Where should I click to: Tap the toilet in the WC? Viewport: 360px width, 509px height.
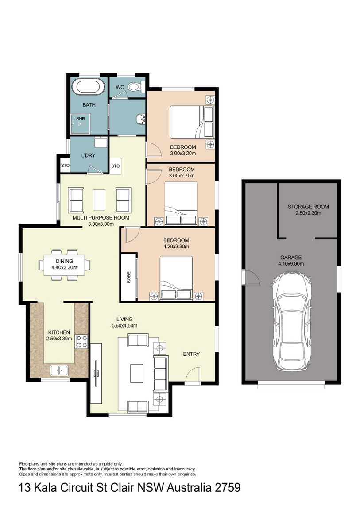tap(134, 87)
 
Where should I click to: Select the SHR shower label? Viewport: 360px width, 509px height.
tap(81, 119)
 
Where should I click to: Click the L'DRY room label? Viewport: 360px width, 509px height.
tap(88, 155)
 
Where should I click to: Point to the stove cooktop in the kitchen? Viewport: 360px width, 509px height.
tap(81, 342)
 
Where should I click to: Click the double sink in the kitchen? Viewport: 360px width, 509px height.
tap(59, 370)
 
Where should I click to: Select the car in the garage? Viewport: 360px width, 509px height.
tap(291, 321)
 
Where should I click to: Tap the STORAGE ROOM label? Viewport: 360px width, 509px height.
tap(308, 207)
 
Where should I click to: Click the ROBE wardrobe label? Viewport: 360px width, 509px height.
tap(128, 277)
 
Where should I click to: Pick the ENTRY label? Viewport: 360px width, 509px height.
tap(191, 354)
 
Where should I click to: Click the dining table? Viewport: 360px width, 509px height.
tap(65, 265)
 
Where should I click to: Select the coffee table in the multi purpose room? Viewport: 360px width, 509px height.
tap(99, 200)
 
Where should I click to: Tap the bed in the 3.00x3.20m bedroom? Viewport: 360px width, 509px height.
tap(192, 122)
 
